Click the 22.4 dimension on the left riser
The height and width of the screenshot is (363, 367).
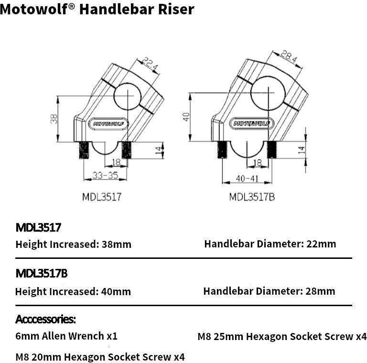pyautogui.click(x=150, y=64)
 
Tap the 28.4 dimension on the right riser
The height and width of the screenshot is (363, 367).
pyautogui.click(x=289, y=56)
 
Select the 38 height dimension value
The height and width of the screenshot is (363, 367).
pyautogui.click(x=54, y=119)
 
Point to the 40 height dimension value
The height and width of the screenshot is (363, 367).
pyautogui.click(x=186, y=117)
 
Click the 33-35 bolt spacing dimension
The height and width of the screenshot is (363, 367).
pyautogui.click(x=105, y=175)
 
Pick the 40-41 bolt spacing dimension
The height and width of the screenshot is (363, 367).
pyautogui.click(x=247, y=179)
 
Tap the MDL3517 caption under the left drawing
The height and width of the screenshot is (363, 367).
pyautogui.click(x=102, y=197)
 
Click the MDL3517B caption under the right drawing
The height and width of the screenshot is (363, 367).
pyautogui.click(x=252, y=197)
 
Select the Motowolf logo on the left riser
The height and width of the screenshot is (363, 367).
pyautogui.click(x=108, y=124)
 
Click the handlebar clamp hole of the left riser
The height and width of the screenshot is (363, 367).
pyautogui.click(x=127, y=96)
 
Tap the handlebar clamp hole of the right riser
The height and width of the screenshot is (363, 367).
pyautogui.click(x=268, y=93)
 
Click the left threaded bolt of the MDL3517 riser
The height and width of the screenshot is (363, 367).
pyautogui.click(x=84, y=150)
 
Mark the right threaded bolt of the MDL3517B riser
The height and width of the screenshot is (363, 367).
pyautogui.click(x=272, y=149)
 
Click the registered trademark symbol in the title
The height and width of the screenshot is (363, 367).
pyautogui.click(x=72, y=6)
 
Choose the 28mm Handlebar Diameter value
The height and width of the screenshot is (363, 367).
pyautogui.click(x=321, y=291)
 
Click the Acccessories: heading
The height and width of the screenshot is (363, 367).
pyautogui.click(x=46, y=319)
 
